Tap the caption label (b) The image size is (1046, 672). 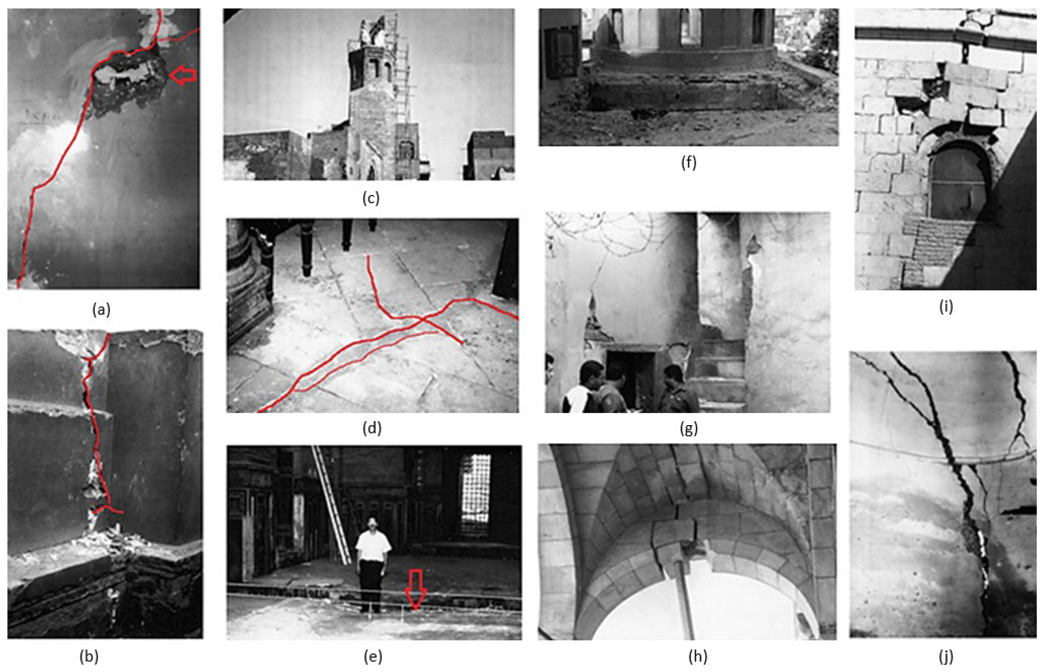[x=89, y=656]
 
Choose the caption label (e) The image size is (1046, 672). [x=373, y=656]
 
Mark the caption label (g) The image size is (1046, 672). [x=689, y=429]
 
